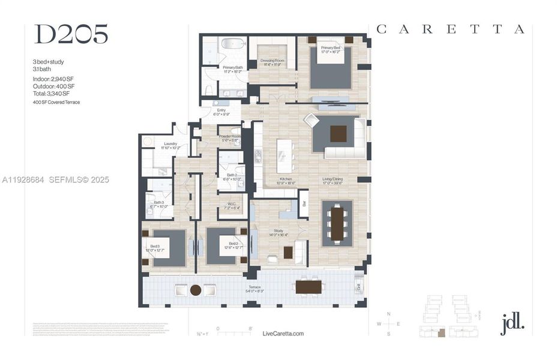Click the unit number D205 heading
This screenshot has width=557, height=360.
tap(71, 35)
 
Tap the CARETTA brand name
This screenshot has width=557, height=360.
tap(450, 29)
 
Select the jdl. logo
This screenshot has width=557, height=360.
tap(512, 323)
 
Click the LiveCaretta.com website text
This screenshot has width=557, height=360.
tap(283, 334)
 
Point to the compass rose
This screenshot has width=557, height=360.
tap(388, 325)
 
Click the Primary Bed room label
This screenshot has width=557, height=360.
tap(331, 50)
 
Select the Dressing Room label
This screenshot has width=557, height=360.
tap(272, 62)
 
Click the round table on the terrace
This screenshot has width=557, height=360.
tap(195, 290)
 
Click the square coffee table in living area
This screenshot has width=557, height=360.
tap(339, 133)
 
